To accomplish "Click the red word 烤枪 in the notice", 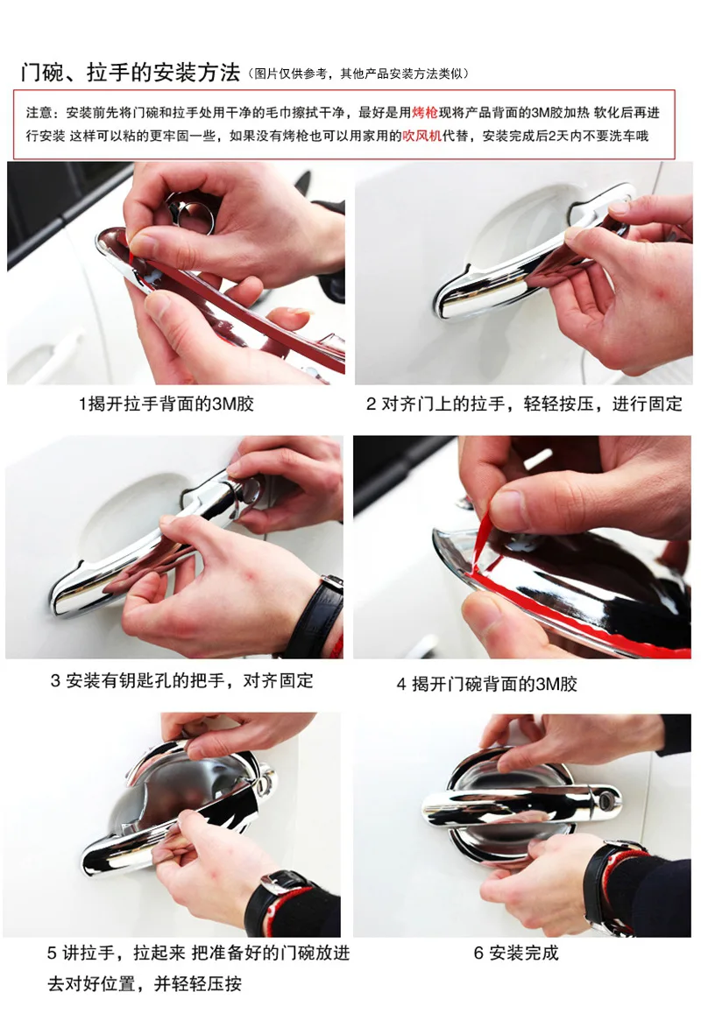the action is coord(425,113).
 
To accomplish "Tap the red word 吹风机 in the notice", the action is coord(421,136).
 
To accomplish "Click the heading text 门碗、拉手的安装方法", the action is coord(131,72).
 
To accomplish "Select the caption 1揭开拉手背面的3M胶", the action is coord(166,404).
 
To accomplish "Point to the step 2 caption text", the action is coord(524,404).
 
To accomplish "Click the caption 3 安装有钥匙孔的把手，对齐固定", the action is coord(181,681).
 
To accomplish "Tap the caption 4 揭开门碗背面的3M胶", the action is coord(487,684).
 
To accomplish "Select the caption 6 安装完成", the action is coord(516,953).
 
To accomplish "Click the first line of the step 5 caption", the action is coord(198,953).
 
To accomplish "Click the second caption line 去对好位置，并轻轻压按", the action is coord(145,983).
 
